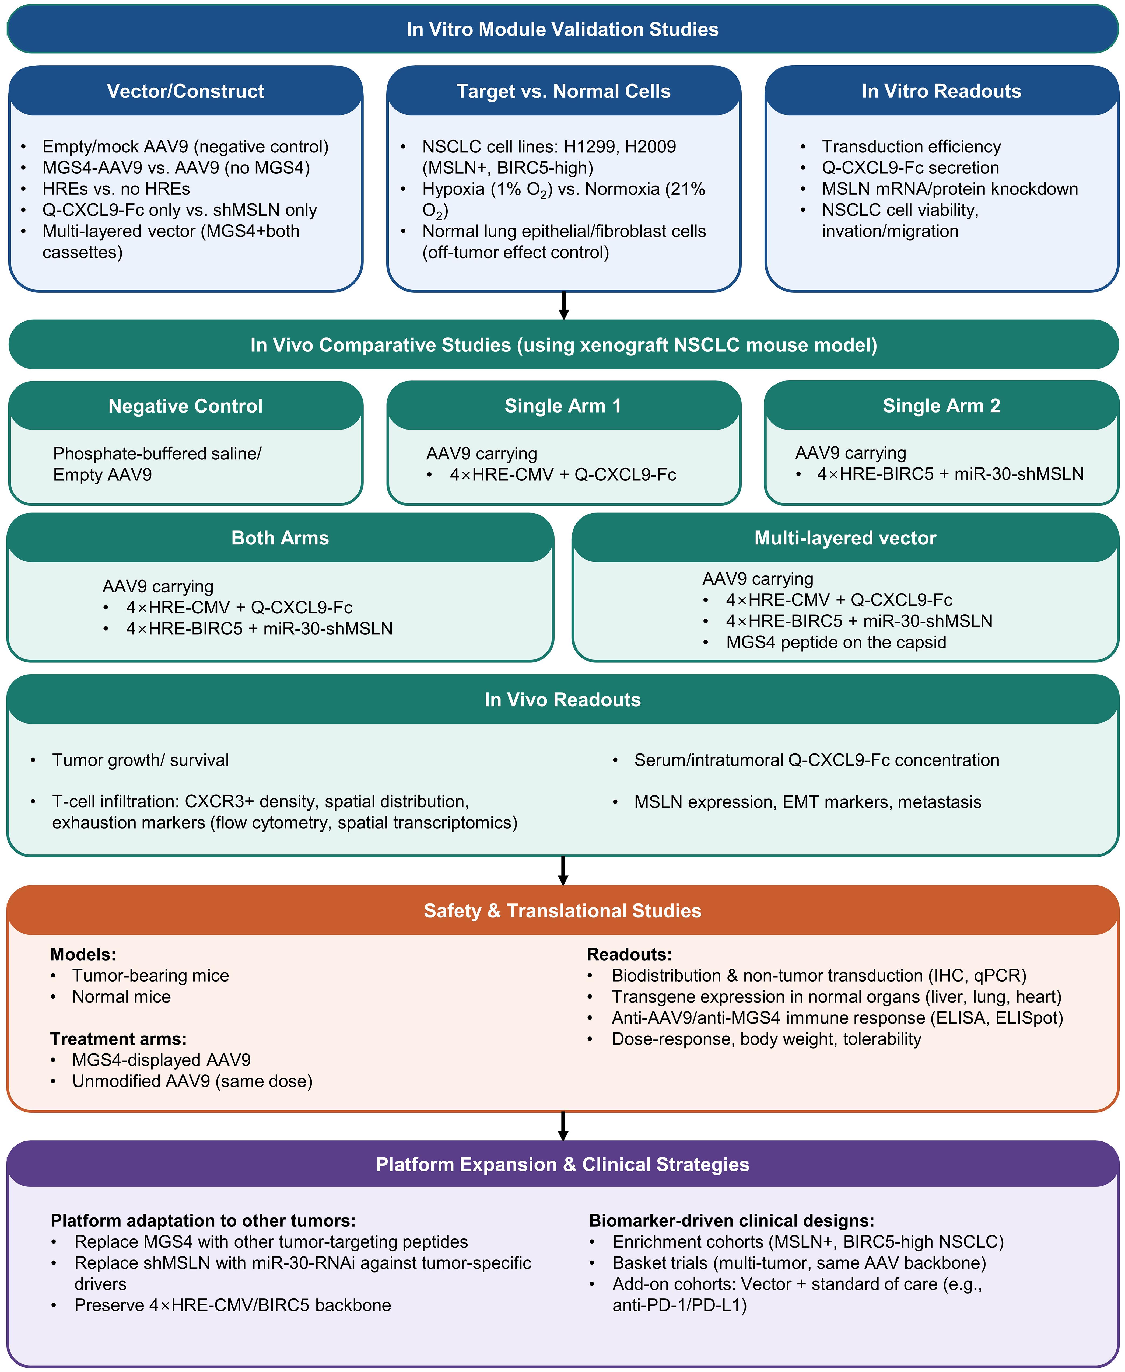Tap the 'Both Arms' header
(x=280, y=538)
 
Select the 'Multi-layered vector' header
(x=845, y=538)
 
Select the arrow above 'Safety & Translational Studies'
(x=563, y=870)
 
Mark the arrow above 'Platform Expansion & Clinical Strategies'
(x=563, y=1126)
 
